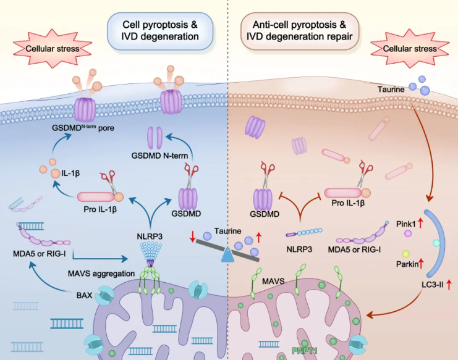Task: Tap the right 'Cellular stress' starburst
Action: [409, 48]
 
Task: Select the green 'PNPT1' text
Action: [305, 351]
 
